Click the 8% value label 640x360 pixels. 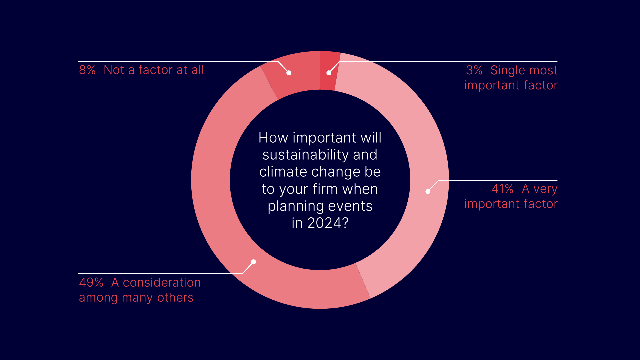[87, 70]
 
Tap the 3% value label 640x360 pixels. [474, 70]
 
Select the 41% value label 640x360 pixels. [503, 189]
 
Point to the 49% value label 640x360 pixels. [91, 282]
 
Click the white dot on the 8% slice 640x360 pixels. [289, 73]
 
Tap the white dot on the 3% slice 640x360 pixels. [329, 73]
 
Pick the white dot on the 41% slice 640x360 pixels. [428, 191]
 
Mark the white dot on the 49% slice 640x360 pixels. [254, 262]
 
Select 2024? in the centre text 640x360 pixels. [328, 223]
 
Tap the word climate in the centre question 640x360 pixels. [283, 172]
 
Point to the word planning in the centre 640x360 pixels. [291, 206]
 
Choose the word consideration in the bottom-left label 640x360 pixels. [162, 282]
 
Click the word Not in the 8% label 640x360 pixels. [114, 70]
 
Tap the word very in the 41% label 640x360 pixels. [545, 189]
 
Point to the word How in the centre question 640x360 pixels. [273, 138]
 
